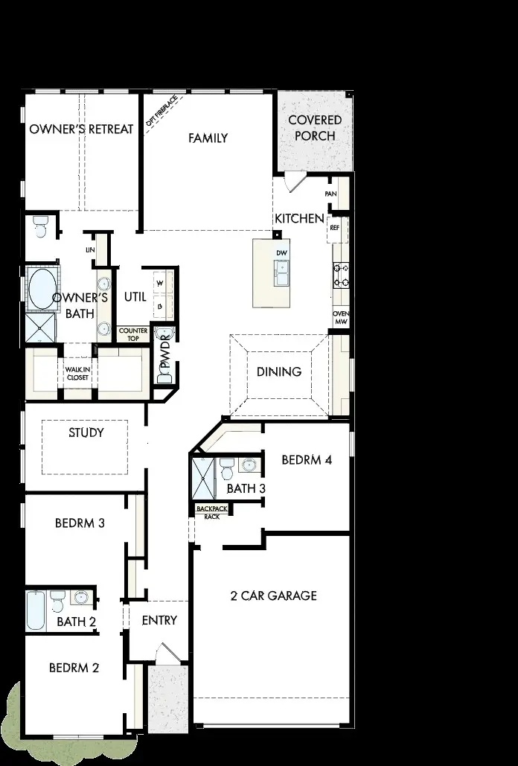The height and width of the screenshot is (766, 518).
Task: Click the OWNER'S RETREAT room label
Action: (81, 129)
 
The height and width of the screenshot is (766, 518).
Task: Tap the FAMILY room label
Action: (208, 138)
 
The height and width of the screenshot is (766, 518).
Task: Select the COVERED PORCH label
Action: (315, 127)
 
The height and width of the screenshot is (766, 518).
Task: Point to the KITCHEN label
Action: (299, 218)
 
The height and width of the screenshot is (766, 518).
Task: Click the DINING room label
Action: (279, 371)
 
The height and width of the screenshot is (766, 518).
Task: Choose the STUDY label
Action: (86, 433)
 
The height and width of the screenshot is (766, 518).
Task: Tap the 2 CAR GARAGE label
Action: (274, 596)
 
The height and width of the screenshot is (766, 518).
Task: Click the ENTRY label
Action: (159, 620)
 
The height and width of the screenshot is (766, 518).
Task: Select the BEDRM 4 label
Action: (307, 459)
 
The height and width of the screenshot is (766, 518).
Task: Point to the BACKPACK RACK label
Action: (212, 512)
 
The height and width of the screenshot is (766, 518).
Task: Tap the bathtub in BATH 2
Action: (35, 611)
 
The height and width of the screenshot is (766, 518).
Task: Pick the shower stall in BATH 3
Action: (202, 477)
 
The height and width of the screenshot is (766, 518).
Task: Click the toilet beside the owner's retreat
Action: (40, 226)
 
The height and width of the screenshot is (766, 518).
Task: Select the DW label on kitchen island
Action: (281, 253)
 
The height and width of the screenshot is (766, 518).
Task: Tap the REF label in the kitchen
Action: (334, 229)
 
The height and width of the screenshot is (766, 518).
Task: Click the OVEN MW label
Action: (341, 318)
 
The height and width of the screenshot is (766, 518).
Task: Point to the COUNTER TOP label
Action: (133, 334)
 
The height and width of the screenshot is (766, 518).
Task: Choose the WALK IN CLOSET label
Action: (77, 373)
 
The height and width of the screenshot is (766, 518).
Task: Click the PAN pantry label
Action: (331, 194)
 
